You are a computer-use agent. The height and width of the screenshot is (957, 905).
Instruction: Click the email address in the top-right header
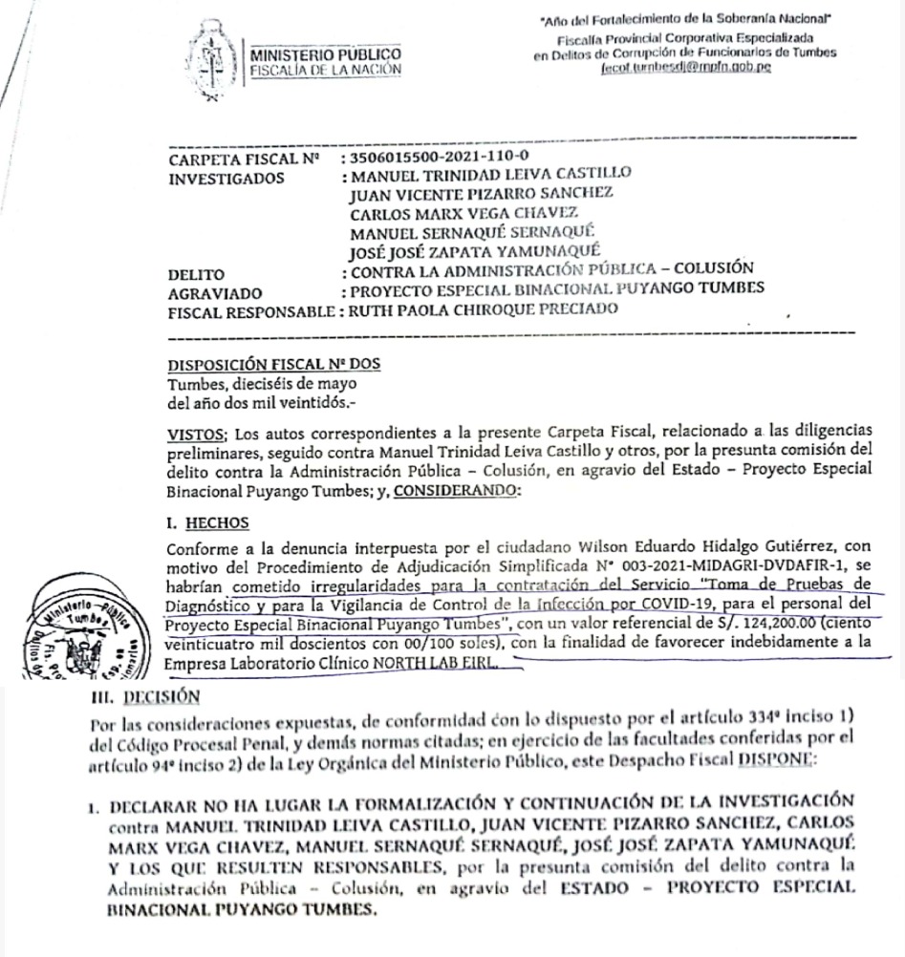pos(683,69)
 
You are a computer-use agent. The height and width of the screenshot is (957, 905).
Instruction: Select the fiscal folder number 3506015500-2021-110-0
pos(447,158)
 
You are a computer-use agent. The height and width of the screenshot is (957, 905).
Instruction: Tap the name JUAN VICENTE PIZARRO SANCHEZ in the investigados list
pos(482,194)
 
